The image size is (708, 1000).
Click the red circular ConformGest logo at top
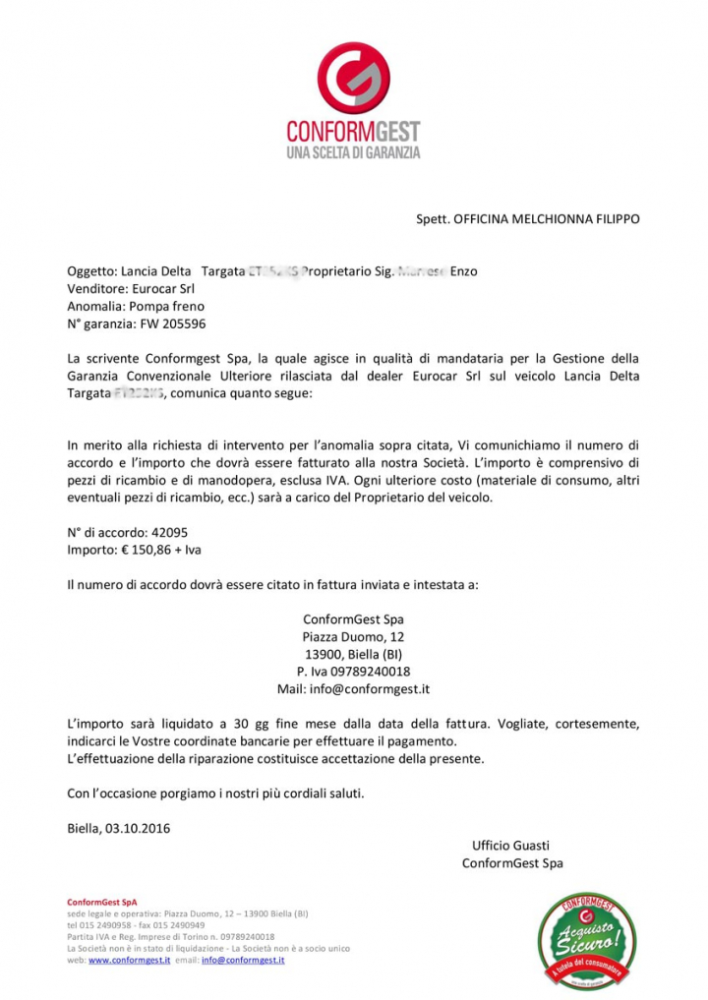tap(353, 77)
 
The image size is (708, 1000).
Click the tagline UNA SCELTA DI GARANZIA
tap(353, 153)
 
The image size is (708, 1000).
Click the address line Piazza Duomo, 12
tap(353, 637)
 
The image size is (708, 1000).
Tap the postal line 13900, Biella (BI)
tap(353, 655)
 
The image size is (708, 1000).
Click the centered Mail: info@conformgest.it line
tap(353, 689)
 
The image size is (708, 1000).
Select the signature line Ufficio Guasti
tap(510, 846)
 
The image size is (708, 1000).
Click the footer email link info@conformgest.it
tap(243, 960)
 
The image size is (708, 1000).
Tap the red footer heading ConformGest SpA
tap(102, 902)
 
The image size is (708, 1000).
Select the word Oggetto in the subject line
tap(90, 271)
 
